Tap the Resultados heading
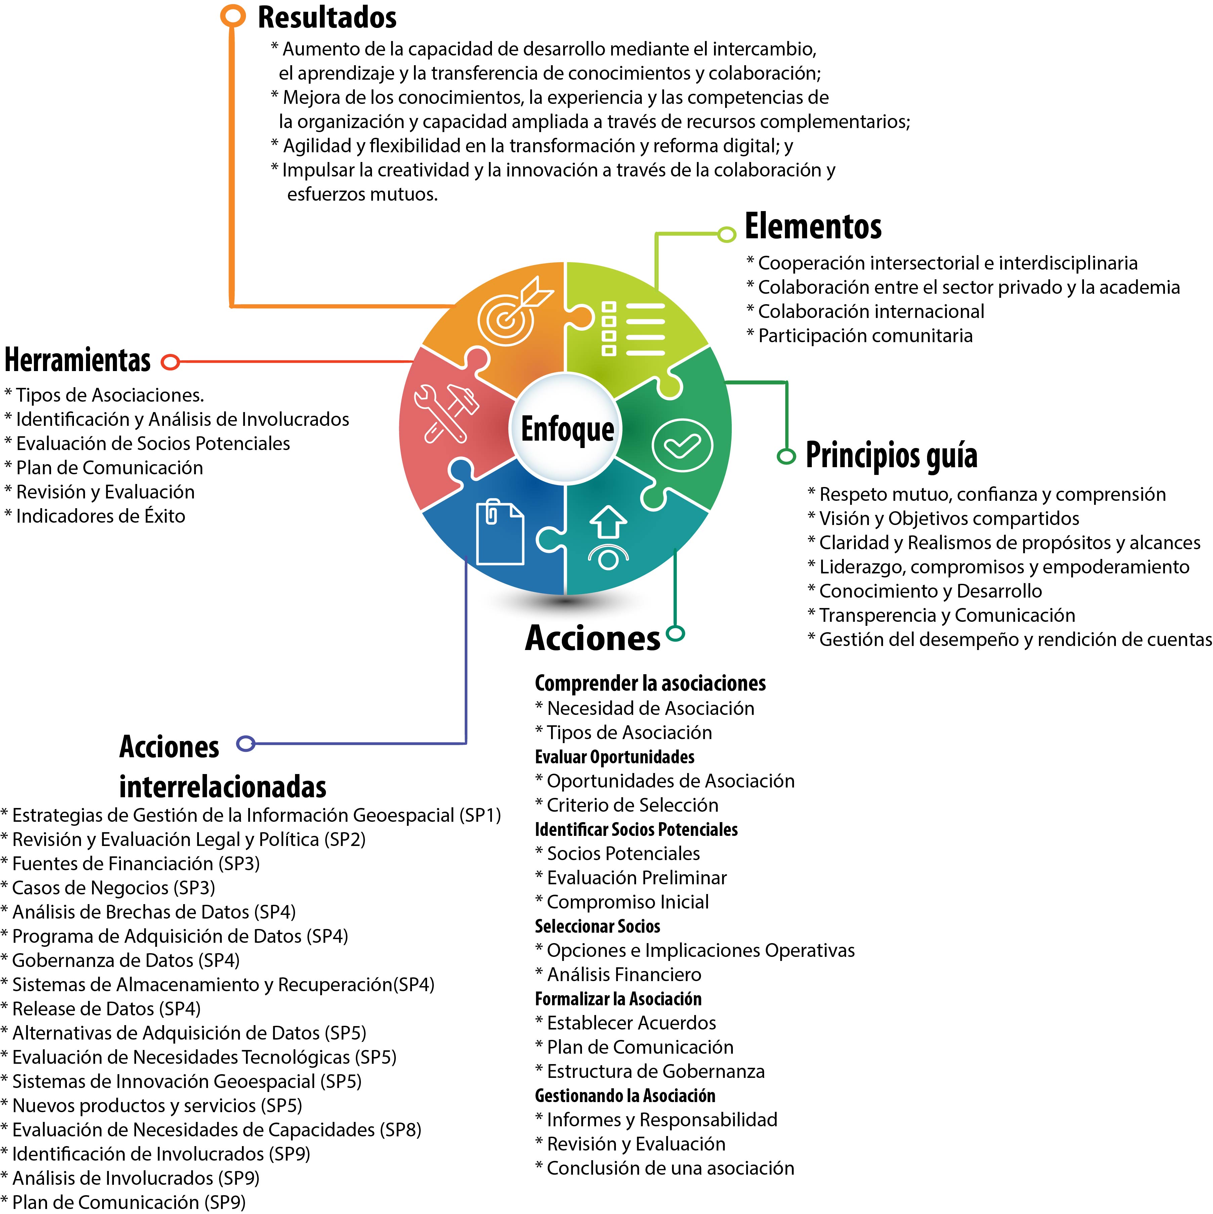click(x=327, y=17)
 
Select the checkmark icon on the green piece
click(x=682, y=445)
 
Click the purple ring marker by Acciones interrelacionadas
click(x=246, y=743)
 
